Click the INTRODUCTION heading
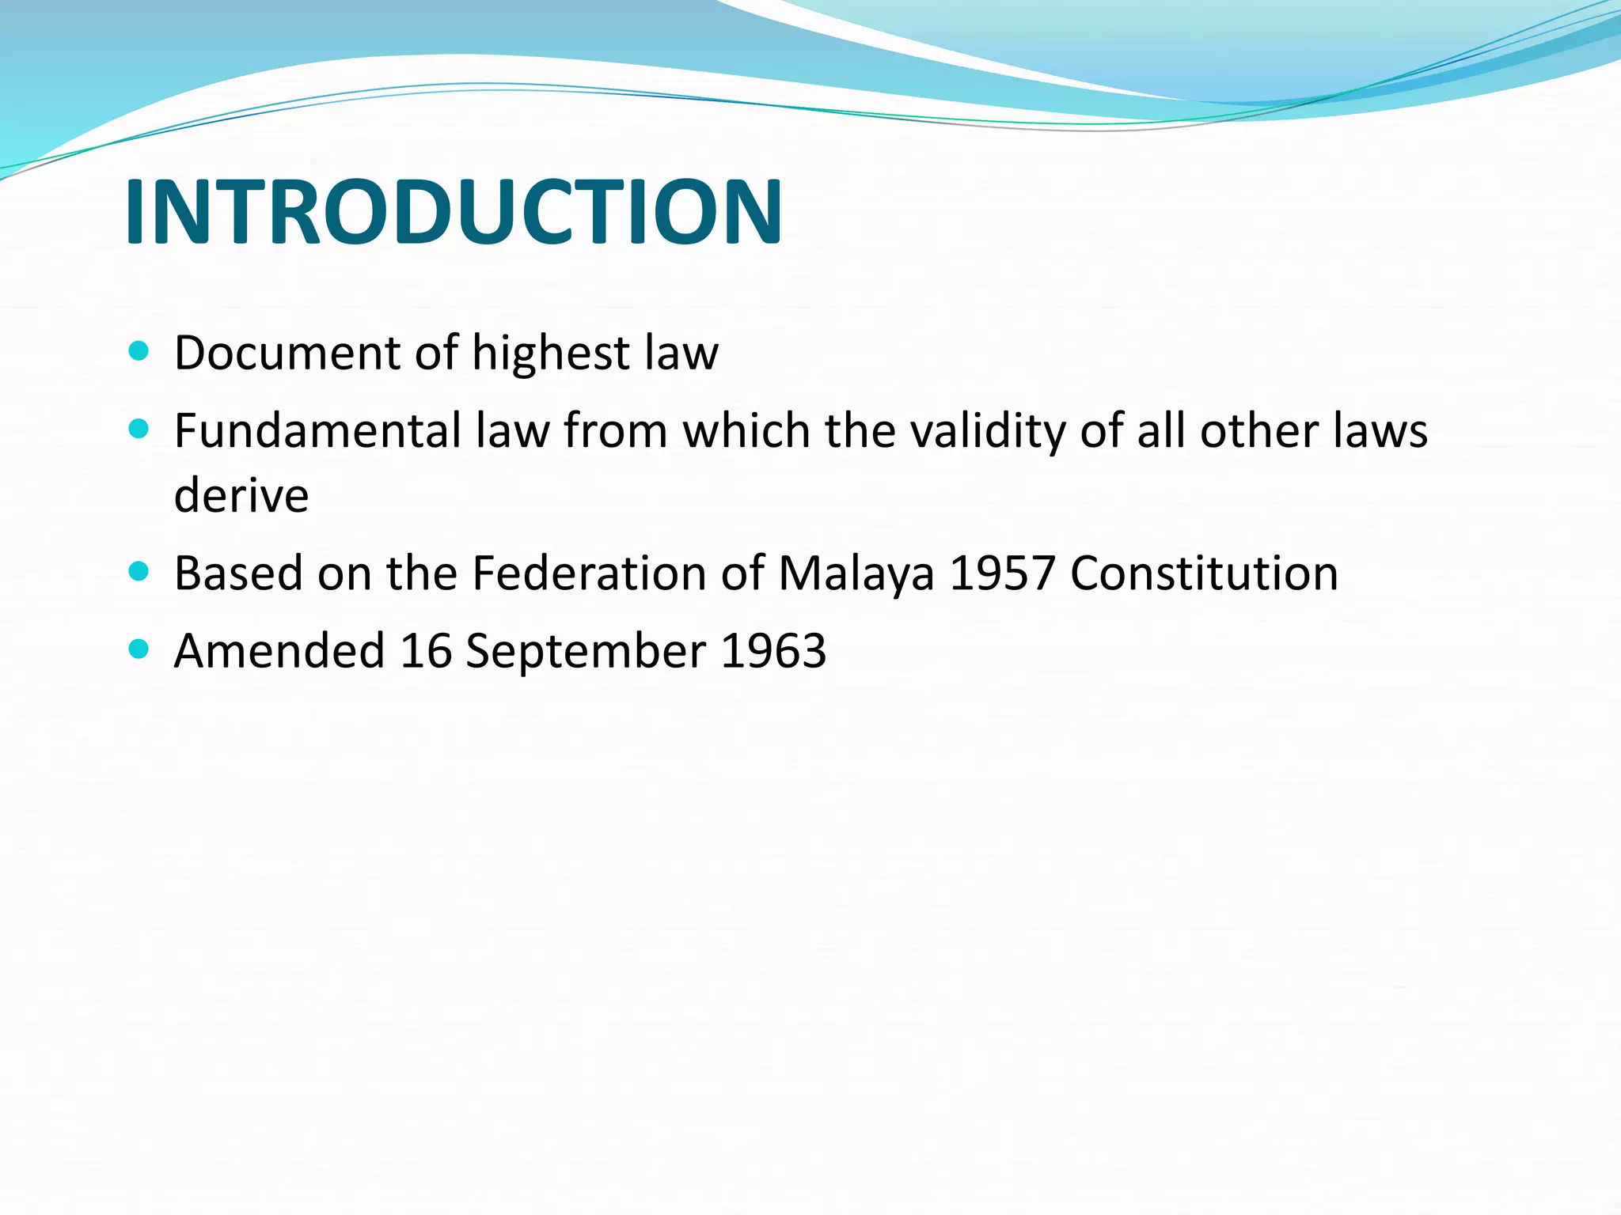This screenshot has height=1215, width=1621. tap(454, 212)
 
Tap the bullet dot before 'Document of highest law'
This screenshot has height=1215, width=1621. tap(139, 350)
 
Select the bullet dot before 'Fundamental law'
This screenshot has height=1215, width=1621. tap(139, 429)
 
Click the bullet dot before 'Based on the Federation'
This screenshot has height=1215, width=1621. tap(139, 570)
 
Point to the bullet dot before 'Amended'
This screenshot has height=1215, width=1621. tap(139, 649)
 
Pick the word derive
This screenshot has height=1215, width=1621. tap(241, 495)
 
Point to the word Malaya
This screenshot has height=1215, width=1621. tap(856, 573)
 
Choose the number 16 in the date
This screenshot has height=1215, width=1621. tap(426, 650)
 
